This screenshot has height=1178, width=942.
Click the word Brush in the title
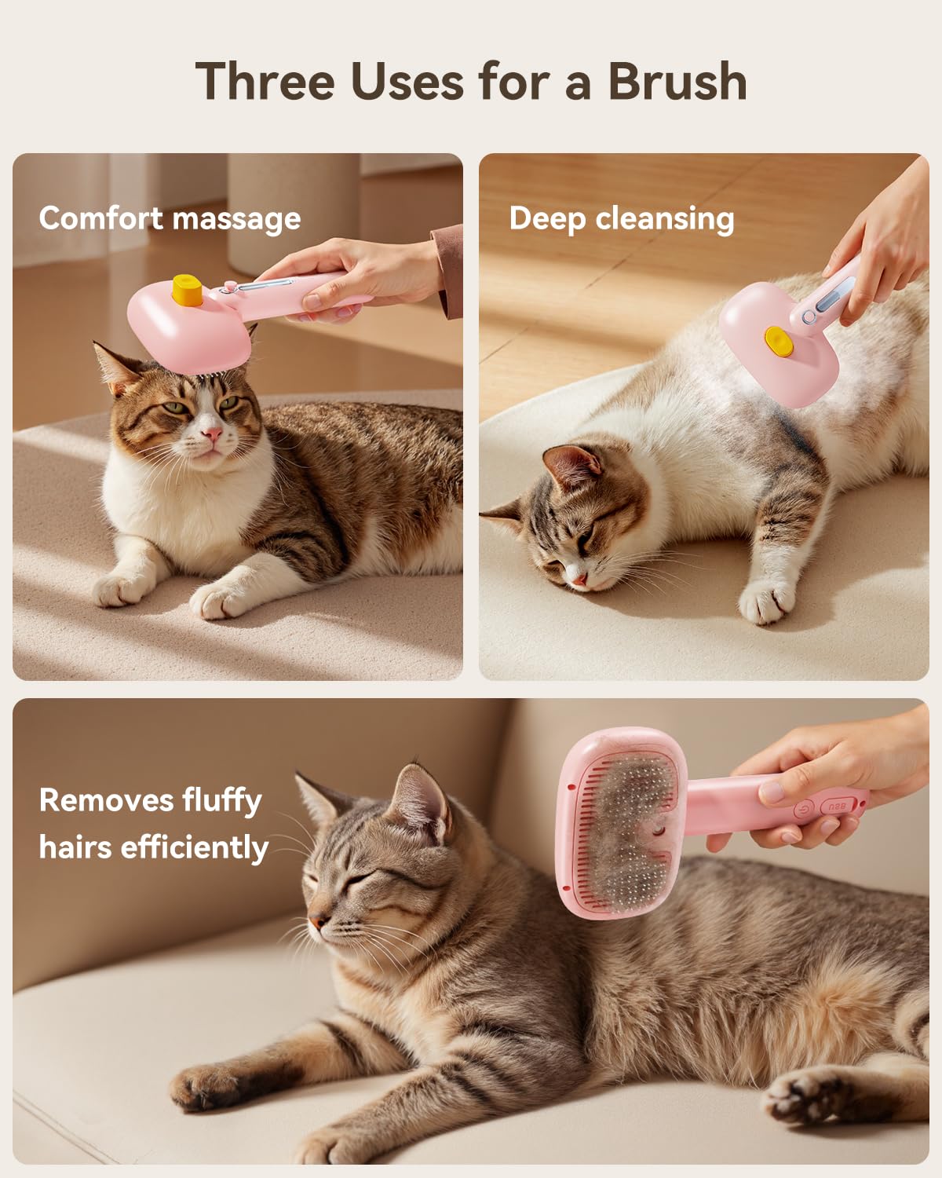(x=677, y=81)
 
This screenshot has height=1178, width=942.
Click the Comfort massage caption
(x=170, y=218)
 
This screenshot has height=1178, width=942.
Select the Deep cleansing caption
(x=621, y=218)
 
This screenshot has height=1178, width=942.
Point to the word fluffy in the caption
(x=222, y=801)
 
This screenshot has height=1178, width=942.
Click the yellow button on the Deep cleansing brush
(x=778, y=341)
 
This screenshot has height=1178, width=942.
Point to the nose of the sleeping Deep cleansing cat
(x=579, y=579)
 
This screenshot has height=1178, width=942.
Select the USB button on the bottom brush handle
(x=834, y=807)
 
